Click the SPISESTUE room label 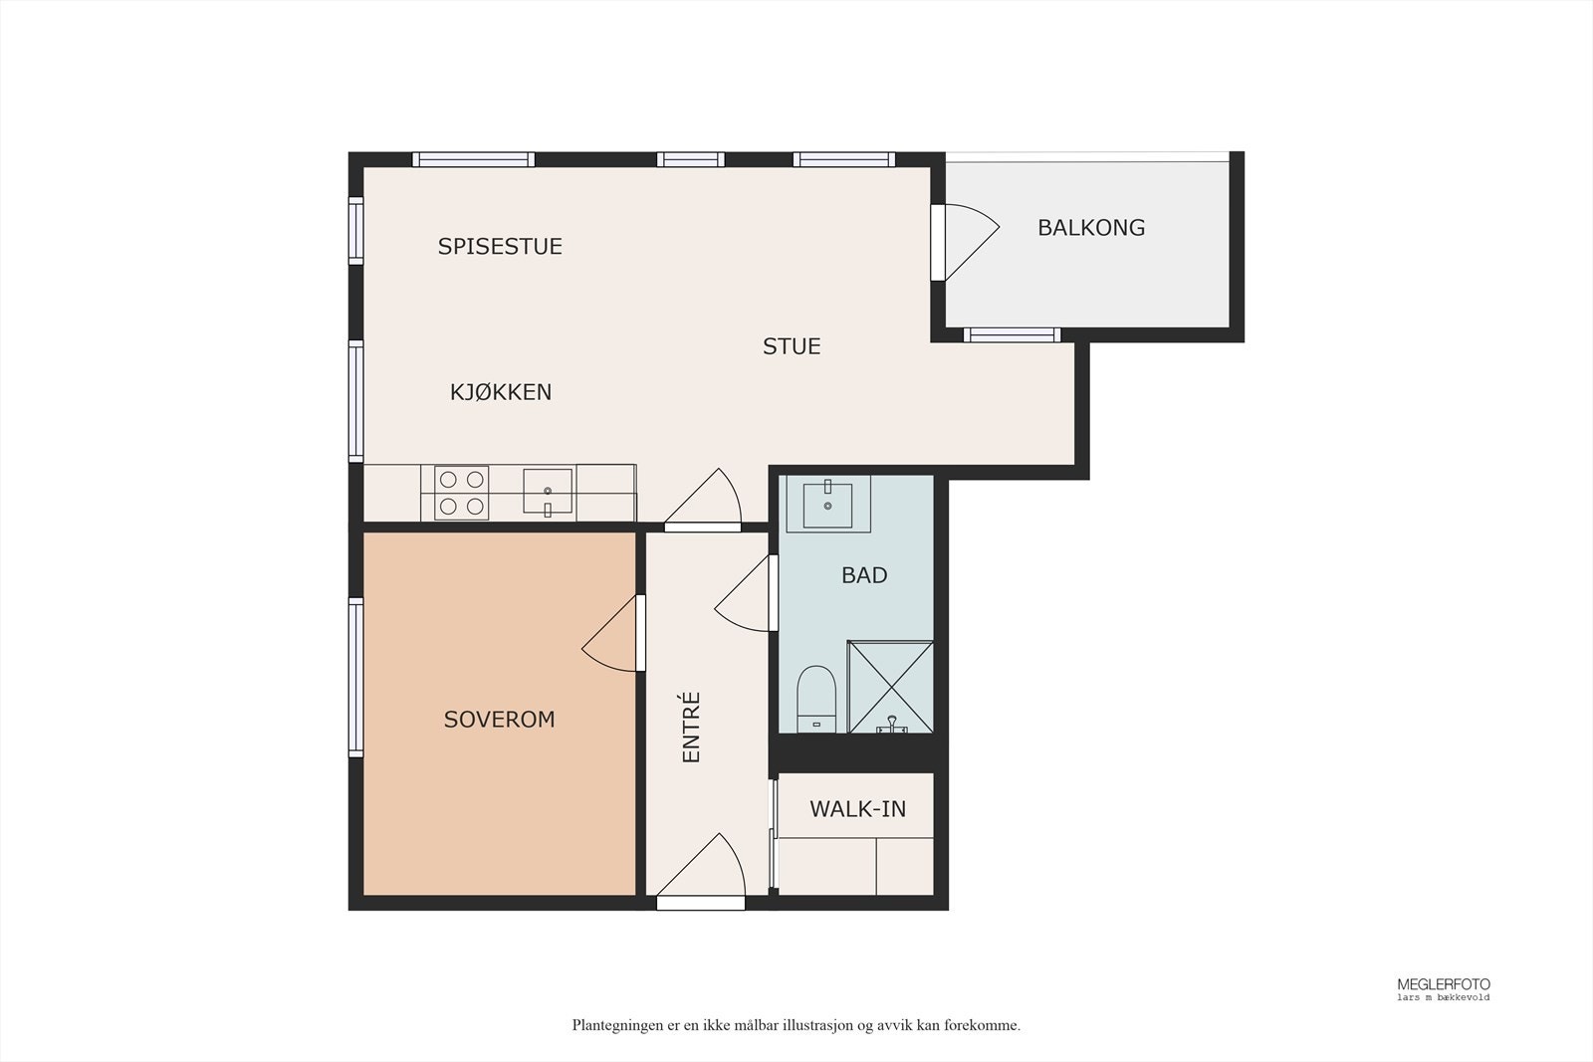click(x=499, y=246)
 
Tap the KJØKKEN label click(x=501, y=392)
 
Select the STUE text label click(x=792, y=346)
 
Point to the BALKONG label click(x=1091, y=228)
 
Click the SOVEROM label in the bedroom click(x=499, y=720)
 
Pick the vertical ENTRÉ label click(x=691, y=728)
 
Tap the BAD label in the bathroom click(x=864, y=575)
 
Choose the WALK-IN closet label click(x=857, y=809)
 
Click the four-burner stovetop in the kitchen click(x=462, y=493)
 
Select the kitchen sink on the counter click(x=548, y=492)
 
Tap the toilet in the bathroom click(x=815, y=698)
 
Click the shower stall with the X click(x=890, y=687)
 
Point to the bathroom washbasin click(x=827, y=505)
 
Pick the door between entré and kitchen click(x=703, y=500)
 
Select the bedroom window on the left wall click(x=355, y=678)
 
